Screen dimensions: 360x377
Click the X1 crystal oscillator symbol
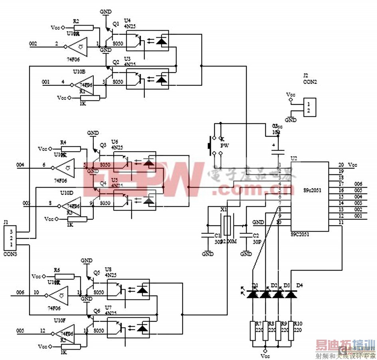click(227, 226)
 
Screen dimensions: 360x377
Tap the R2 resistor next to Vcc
click(84, 28)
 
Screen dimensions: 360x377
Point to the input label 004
click(20, 164)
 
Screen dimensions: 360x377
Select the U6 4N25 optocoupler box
click(134, 161)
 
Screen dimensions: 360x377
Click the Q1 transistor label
click(116, 24)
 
